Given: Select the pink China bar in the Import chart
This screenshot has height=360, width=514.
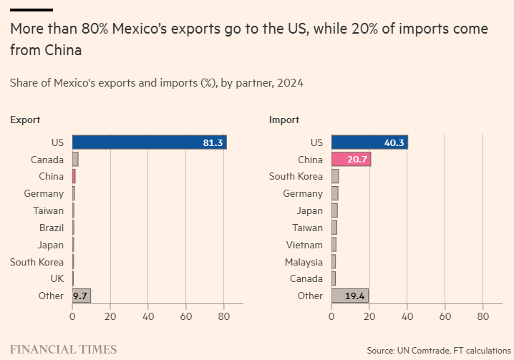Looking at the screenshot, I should (351, 160).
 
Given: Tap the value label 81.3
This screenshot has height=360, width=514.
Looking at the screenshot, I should (213, 142).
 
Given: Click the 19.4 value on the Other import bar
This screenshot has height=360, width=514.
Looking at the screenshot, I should (354, 296).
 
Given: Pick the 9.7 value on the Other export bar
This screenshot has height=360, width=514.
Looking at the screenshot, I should (80, 296).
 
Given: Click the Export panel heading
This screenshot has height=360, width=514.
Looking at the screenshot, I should (25, 120).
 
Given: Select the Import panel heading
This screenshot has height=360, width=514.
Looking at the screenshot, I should (284, 120).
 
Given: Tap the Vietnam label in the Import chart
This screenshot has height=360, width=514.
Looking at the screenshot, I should (304, 245).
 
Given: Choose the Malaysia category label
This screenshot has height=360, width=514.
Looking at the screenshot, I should (304, 262).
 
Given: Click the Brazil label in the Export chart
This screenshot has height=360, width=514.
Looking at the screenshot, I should (52, 228).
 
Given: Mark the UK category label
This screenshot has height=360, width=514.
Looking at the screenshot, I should (57, 279).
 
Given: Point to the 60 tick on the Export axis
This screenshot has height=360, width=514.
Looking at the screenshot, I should (186, 316).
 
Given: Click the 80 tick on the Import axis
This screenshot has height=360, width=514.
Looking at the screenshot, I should (483, 316).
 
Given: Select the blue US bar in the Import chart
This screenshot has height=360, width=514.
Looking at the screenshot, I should (369, 142).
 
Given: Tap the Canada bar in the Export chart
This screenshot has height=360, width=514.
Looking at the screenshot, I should (75, 160).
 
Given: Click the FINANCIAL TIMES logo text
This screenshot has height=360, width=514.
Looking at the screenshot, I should (63, 349).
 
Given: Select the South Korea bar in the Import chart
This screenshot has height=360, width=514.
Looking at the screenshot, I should (335, 177).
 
